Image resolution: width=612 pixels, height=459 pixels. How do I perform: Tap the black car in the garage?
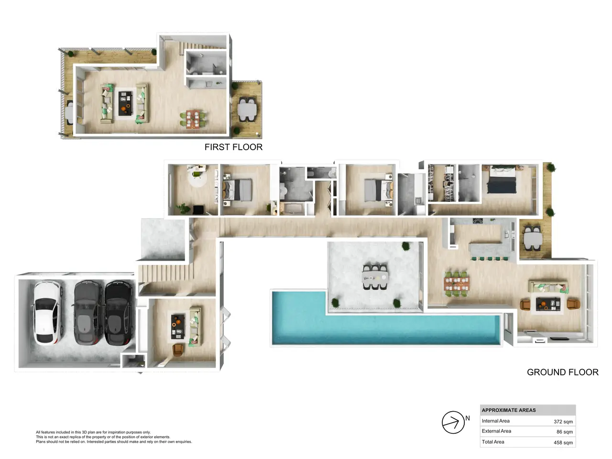[x=119, y=313]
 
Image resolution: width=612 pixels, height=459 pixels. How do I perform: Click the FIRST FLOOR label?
[x=233, y=147]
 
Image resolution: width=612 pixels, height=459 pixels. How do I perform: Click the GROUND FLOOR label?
[x=562, y=372]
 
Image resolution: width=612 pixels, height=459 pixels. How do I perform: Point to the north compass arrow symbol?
[x=453, y=422]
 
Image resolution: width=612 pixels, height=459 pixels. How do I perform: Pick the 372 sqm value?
[x=563, y=422]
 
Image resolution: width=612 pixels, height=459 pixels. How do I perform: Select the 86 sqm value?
[x=564, y=432]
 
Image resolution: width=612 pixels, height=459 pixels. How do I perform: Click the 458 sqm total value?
[x=563, y=442]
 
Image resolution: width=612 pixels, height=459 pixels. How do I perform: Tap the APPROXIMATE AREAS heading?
[x=509, y=410]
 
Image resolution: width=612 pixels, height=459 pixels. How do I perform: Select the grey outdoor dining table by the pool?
[x=375, y=277]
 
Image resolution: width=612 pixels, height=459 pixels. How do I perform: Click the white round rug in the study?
[x=197, y=178]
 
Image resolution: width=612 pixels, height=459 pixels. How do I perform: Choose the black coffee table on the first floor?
[x=125, y=103]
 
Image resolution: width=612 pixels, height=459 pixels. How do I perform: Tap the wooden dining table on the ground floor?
[x=457, y=284]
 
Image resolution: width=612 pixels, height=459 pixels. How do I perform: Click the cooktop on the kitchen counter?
[x=478, y=221]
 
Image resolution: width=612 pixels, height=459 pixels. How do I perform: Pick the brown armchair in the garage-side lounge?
[x=178, y=350]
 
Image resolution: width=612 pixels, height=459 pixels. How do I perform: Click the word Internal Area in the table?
[x=495, y=421]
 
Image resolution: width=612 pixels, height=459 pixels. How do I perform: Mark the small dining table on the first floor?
[x=193, y=119]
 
